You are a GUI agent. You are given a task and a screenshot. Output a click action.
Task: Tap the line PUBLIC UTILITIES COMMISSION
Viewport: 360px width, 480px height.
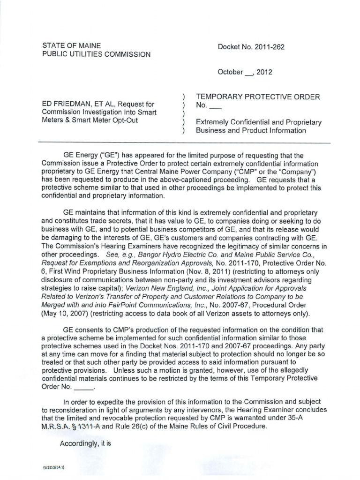[97, 54]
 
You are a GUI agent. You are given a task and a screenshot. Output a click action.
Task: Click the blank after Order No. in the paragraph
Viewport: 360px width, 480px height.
[84, 388]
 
